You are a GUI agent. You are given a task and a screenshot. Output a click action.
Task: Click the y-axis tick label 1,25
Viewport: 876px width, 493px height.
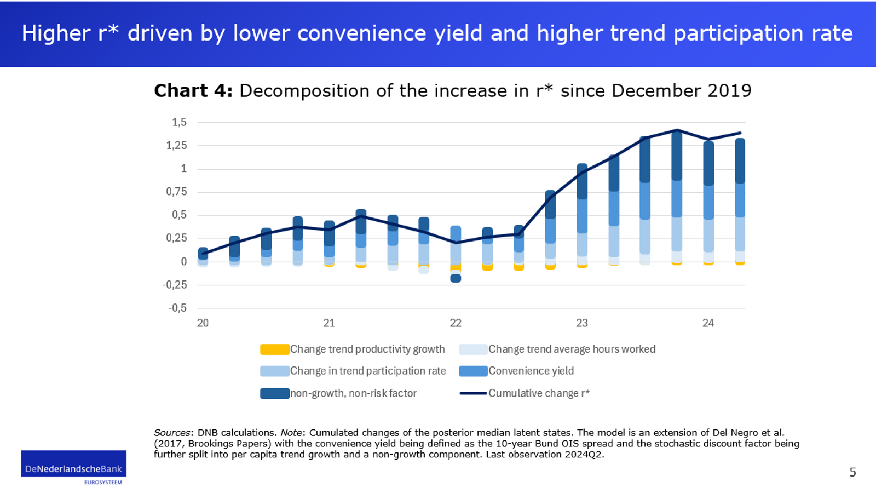click(176, 146)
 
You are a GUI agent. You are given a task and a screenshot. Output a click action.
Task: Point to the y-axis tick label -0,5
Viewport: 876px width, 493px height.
click(177, 308)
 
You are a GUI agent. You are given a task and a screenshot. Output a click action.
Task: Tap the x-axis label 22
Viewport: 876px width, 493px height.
click(456, 323)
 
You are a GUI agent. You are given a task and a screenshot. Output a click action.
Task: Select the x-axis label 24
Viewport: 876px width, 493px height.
click(708, 323)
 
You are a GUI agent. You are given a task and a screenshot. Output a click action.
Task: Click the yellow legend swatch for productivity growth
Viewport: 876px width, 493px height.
click(274, 349)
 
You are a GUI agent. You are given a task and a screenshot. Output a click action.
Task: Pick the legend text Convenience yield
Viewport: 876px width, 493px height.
click(531, 371)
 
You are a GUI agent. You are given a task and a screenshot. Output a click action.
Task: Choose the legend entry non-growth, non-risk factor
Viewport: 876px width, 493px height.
click(353, 393)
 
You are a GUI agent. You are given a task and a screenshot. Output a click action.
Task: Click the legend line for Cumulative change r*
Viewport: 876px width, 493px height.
click(473, 393)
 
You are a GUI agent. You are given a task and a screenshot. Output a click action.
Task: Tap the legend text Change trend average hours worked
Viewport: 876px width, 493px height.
click(572, 349)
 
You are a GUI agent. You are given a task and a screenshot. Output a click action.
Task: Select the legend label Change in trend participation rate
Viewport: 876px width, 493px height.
click(368, 371)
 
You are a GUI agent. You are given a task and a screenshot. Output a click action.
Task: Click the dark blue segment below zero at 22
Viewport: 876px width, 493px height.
click(456, 278)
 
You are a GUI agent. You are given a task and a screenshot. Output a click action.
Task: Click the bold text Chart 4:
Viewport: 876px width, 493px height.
click(193, 91)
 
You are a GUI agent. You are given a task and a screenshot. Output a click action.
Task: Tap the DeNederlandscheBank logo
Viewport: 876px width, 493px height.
click(74, 464)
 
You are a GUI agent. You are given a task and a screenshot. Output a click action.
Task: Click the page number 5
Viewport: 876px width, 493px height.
click(852, 472)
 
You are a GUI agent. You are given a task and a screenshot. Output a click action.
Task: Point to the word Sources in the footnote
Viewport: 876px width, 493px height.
click(172, 433)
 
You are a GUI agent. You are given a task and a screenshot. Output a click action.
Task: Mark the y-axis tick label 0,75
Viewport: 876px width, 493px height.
click(176, 192)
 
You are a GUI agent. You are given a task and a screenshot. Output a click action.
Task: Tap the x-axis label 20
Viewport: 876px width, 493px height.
click(203, 323)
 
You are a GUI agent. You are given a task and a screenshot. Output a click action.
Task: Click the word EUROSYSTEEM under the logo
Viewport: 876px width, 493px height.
click(103, 483)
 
